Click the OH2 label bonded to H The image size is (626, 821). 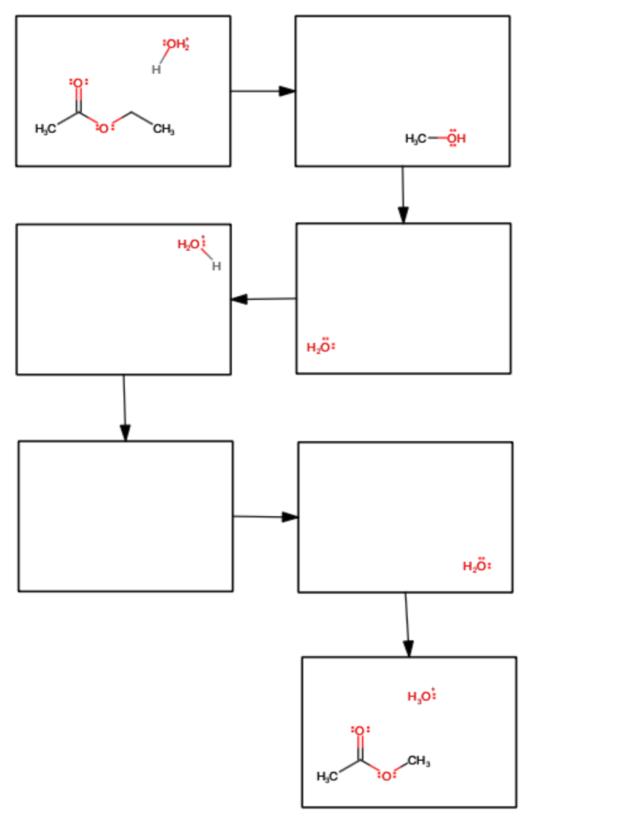click(x=176, y=44)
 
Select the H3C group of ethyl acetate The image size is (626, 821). click(x=45, y=128)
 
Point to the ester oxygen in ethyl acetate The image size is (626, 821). click(x=104, y=128)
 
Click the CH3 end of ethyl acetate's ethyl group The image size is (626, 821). click(x=164, y=129)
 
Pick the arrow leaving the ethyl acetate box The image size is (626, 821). click(x=263, y=91)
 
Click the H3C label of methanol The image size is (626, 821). click(x=415, y=139)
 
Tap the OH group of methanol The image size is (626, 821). click(x=456, y=139)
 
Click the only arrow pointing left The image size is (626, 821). click(x=263, y=299)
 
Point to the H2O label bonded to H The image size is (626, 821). click(x=189, y=245)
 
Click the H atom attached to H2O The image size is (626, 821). click(x=216, y=266)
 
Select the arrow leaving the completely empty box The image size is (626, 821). click(x=265, y=517)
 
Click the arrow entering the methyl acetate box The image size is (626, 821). click(x=407, y=624)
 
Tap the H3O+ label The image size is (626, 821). click(x=421, y=696)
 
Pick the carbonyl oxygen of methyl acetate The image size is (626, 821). click(x=360, y=731)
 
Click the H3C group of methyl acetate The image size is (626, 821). click(x=327, y=777)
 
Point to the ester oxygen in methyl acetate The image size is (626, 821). click(x=386, y=776)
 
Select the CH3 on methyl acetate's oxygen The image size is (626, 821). click(x=419, y=761)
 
